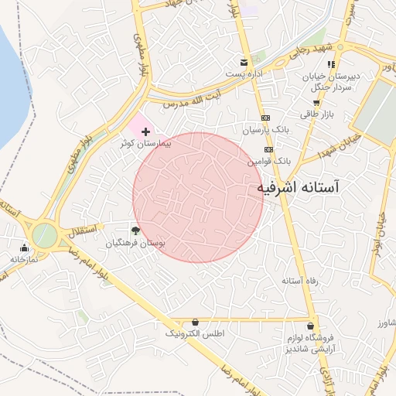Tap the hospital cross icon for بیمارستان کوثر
pyautogui.click(x=145, y=132)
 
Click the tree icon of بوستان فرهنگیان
pyautogui.click(x=136, y=230)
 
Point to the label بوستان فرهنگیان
pyautogui.click(x=136, y=242)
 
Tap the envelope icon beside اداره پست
pyautogui.click(x=244, y=63)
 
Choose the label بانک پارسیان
pyautogui.click(x=266, y=131)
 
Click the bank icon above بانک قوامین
pyautogui.click(x=268, y=149)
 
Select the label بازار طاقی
pyautogui.click(x=315, y=113)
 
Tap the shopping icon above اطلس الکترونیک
pyautogui.click(x=195, y=322)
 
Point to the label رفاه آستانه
pyautogui.click(x=300, y=280)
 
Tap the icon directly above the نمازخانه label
pyautogui.click(x=25, y=248)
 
